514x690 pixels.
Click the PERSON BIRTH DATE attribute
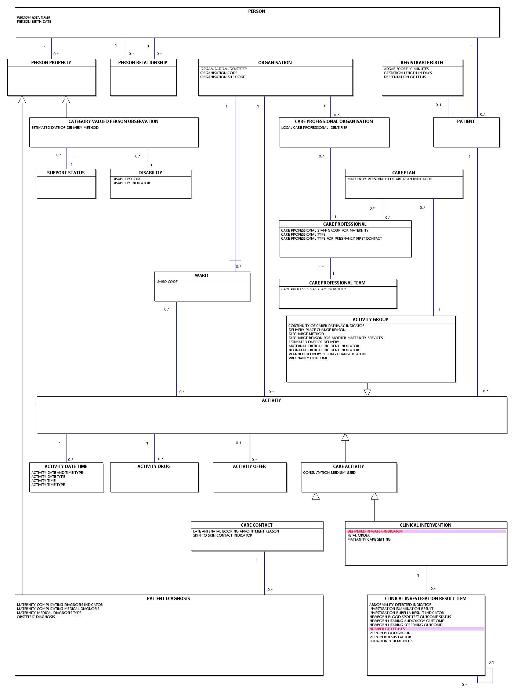pos(34,22)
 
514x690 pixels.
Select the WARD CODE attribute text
pos(167,282)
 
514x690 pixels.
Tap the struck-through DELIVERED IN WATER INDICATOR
pos(375,531)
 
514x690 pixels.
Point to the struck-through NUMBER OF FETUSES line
pos(387,629)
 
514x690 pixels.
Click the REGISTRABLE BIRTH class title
pos(422,63)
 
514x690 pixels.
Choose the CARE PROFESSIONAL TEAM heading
pos(337,283)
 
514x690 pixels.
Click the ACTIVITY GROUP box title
pos(370,320)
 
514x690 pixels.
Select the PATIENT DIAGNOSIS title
pos(169,599)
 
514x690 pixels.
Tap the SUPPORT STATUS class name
pos(66,173)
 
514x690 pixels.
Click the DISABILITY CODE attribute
pos(127,179)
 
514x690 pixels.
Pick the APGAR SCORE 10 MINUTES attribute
pos(406,69)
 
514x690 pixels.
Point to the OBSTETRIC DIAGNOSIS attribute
pos(36,617)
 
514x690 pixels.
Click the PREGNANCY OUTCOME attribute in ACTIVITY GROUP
pos(308,358)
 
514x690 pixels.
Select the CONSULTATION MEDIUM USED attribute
pos(329,473)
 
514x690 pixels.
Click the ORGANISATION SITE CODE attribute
pos(223,77)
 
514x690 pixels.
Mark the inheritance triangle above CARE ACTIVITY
pos(345,437)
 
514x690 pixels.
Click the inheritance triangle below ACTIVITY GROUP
pos(367,393)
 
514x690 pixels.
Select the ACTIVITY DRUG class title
pos(154,466)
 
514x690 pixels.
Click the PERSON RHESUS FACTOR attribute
pos(390,637)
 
